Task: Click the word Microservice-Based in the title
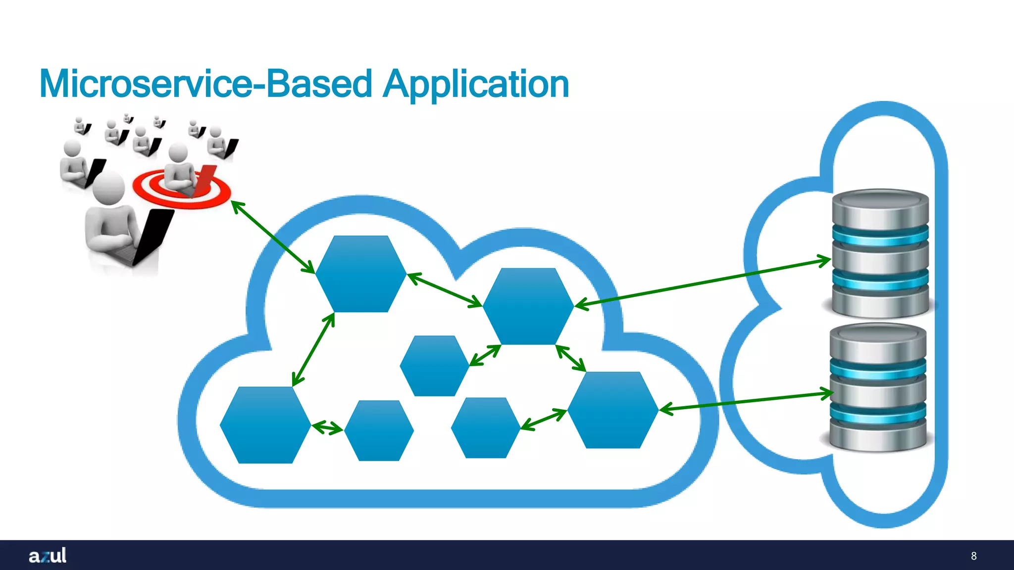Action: click(x=205, y=84)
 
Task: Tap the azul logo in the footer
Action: click(x=48, y=555)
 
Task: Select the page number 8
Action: click(x=973, y=556)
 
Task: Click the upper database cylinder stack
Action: click(x=880, y=253)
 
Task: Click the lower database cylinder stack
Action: click(x=878, y=387)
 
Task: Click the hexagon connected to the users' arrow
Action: click(x=361, y=274)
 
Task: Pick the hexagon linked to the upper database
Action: click(x=528, y=306)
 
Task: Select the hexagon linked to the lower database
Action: click(x=613, y=410)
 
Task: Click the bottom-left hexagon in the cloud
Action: click(x=265, y=425)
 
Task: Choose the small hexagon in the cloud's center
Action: click(x=434, y=366)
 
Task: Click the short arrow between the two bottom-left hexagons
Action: click(x=327, y=427)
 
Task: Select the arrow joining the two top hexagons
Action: click(x=444, y=289)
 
